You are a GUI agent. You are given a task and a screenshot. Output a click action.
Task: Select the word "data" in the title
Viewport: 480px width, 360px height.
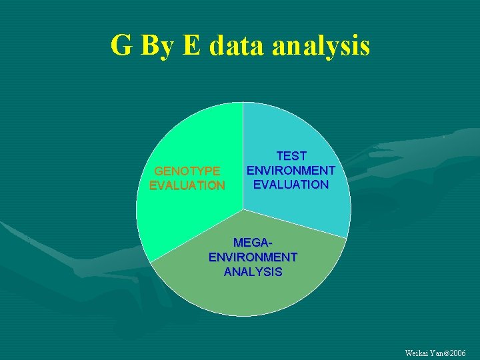[x=237, y=47]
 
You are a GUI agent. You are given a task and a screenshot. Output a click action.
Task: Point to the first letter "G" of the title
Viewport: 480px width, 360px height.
[x=121, y=47]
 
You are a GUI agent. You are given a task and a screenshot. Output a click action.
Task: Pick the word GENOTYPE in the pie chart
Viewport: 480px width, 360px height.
[x=187, y=171]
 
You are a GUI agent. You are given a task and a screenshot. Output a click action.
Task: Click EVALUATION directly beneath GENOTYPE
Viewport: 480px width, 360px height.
[x=187, y=185]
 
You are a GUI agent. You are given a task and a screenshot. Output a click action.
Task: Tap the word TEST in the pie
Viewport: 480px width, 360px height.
[x=291, y=156]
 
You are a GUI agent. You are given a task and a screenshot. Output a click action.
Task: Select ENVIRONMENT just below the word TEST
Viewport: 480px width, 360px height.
[x=291, y=170]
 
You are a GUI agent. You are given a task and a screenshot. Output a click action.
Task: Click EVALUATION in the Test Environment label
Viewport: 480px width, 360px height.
[x=291, y=184]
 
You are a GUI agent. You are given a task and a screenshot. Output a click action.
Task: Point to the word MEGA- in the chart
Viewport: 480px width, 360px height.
[x=253, y=243]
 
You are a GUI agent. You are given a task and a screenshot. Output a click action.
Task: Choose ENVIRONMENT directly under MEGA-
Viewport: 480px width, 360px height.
[x=253, y=257]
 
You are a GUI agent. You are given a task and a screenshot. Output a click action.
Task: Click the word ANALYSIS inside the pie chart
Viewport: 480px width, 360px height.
[x=253, y=272]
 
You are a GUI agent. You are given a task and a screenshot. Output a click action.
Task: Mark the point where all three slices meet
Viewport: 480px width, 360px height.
[x=243, y=209]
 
